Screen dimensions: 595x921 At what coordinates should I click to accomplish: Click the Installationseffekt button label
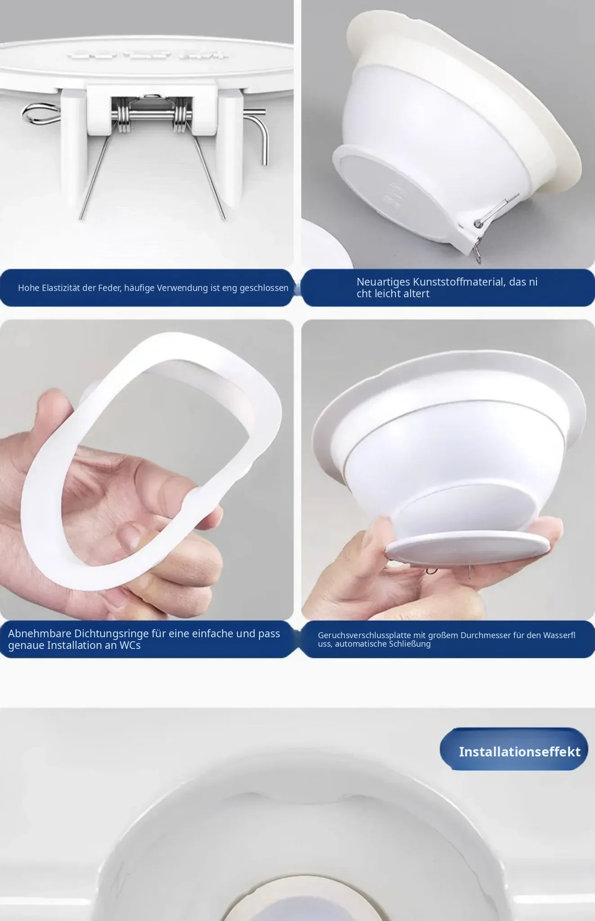click(519, 751)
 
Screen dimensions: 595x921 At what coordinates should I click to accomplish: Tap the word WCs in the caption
click(130, 645)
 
